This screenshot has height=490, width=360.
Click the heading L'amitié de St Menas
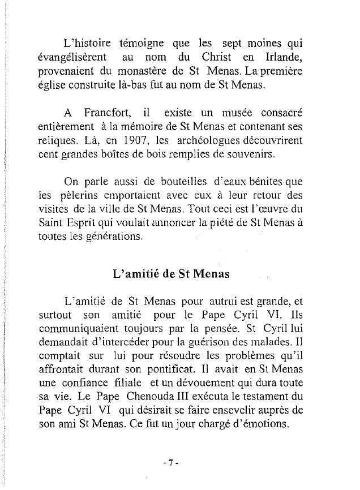(x=170, y=276)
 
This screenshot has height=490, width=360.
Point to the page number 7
(x=170, y=462)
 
